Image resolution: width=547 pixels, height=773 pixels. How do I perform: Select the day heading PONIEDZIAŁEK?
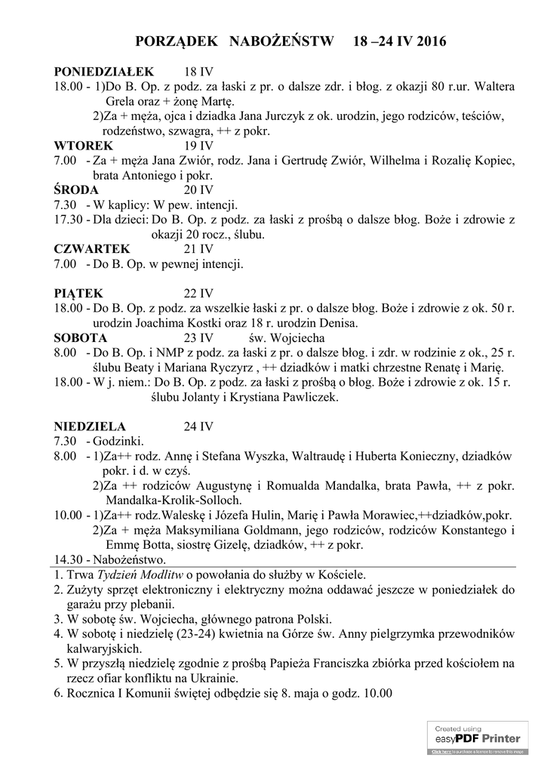point(103,72)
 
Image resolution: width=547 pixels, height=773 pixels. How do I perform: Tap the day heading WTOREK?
point(84,146)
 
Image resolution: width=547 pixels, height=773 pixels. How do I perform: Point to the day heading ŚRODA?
point(76,189)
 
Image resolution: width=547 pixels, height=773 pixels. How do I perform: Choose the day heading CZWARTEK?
point(92,248)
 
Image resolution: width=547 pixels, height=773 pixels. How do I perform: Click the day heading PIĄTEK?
point(78,293)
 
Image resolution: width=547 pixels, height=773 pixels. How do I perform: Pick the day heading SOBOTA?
point(81,337)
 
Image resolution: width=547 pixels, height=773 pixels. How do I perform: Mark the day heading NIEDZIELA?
point(90,426)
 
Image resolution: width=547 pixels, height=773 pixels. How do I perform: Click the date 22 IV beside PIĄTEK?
point(199,293)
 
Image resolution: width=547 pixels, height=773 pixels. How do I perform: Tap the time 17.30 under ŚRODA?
point(68,220)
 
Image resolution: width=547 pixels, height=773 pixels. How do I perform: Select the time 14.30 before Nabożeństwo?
point(68,559)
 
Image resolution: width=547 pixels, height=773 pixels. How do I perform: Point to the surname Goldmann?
point(283,530)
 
